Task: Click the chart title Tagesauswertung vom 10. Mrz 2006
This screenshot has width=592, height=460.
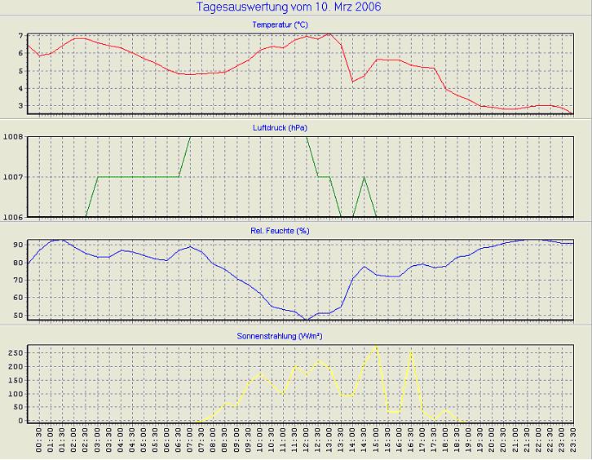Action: click(x=289, y=7)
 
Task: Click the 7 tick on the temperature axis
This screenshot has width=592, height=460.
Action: click(x=20, y=37)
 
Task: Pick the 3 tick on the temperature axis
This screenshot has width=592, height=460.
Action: click(x=20, y=106)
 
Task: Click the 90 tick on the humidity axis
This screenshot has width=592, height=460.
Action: click(x=17, y=245)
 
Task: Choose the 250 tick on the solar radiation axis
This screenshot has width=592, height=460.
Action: click(x=15, y=352)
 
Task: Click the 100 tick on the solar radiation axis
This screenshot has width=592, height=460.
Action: click(x=15, y=394)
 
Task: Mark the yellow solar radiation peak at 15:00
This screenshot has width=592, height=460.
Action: click(x=376, y=346)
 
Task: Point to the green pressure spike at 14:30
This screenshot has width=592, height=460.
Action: click(x=364, y=177)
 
